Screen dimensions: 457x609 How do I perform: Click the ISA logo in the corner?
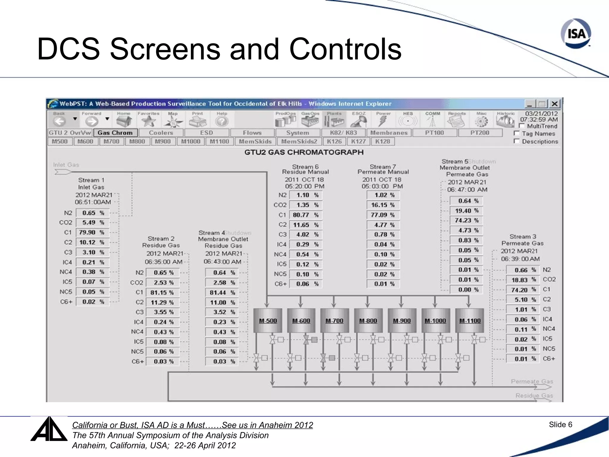[576, 34]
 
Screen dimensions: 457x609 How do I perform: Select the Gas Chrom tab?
[115, 133]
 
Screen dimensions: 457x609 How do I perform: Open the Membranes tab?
[389, 133]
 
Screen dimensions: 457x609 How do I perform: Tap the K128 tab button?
[382, 141]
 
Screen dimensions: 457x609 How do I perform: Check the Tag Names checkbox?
[517, 133]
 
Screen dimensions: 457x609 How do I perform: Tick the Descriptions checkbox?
[517, 141]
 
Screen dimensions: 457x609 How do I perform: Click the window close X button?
[554, 104]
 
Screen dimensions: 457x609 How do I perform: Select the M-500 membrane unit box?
[268, 320]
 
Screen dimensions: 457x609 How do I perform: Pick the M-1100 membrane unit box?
[470, 320]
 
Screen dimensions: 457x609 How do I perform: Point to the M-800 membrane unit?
[368, 320]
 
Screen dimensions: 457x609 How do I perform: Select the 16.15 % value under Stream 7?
[383, 205]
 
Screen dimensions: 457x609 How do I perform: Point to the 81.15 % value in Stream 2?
[162, 292]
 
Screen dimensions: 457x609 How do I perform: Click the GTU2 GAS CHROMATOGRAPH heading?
[304, 152]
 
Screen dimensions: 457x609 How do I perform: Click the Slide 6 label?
[560, 425]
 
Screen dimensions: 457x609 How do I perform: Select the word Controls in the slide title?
[345, 49]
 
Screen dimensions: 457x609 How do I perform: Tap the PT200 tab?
[480, 133]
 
